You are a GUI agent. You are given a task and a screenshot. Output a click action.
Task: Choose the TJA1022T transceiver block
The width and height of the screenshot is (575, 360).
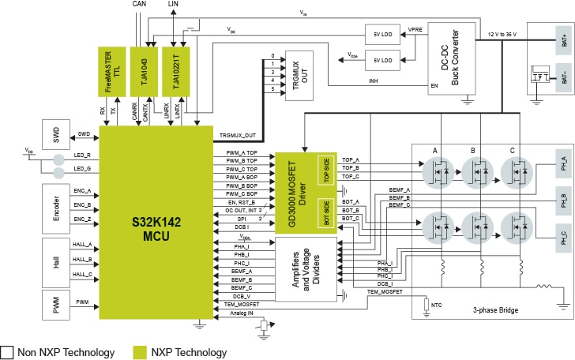tap(177, 70)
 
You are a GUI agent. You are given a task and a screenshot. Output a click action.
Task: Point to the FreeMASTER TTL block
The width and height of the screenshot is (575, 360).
tap(111, 70)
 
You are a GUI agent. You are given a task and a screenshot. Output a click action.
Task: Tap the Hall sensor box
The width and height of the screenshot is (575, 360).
tap(55, 259)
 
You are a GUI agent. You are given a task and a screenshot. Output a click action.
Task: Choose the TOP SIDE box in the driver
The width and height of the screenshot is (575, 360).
tap(324, 170)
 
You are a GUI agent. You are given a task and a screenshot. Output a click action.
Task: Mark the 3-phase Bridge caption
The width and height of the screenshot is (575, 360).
tap(495, 311)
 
